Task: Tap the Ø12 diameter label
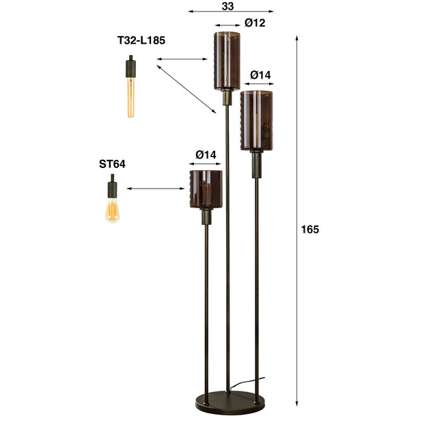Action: (254, 23)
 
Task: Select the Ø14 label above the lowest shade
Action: (205, 155)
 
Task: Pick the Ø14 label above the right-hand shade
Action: (260, 74)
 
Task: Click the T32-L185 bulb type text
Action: (141, 41)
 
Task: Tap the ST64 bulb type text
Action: (112, 164)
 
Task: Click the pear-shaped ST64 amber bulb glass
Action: (112, 210)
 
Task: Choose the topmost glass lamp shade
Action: (225, 60)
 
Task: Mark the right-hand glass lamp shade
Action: (257, 120)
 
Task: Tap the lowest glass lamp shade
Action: (206, 189)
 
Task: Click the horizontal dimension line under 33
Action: (230, 12)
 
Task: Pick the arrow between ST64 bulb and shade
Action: (156, 189)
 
